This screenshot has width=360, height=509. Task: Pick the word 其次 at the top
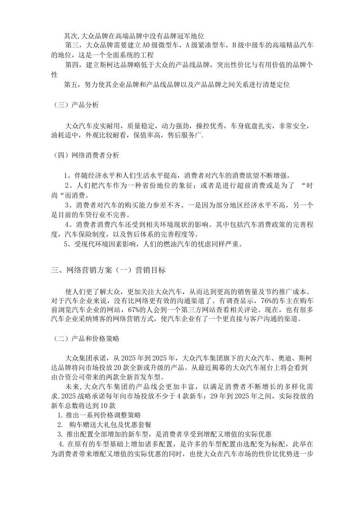tap(70, 36)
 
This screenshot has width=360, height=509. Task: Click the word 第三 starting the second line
tap(72, 46)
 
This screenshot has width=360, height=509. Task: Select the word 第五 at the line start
tap(71, 84)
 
